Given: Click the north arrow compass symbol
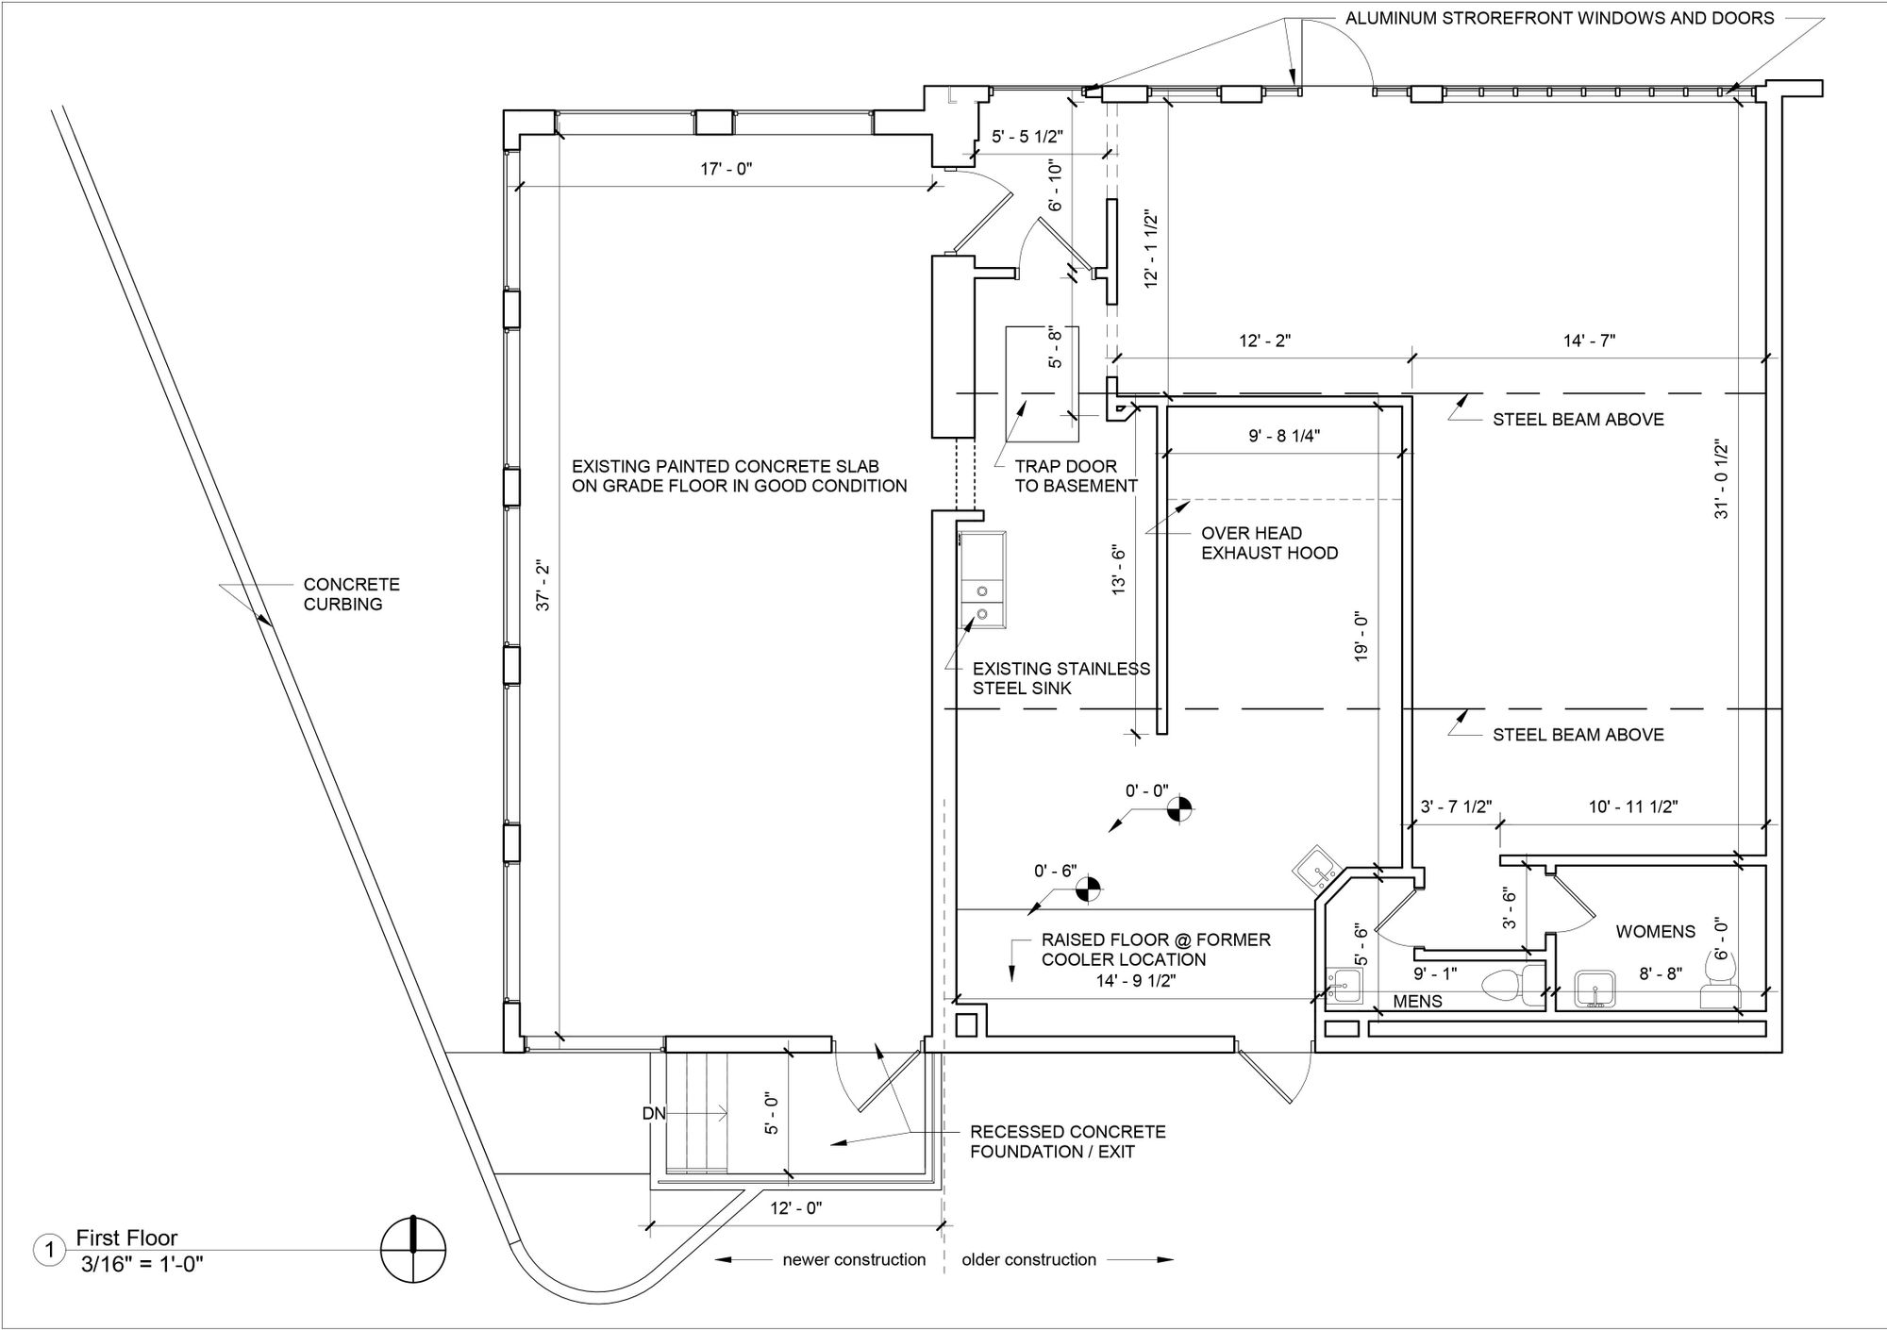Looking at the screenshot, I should tap(413, 1251).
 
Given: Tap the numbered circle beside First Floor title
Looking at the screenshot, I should tap(49, 1252).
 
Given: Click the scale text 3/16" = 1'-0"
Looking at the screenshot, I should tap(142, 1263).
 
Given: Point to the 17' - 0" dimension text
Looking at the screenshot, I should tap(726, 170).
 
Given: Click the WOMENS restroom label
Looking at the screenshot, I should tap(1655, 932).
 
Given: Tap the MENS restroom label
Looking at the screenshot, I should tap(1417, 1002).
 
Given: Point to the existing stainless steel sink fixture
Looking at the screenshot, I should tap(982, 580).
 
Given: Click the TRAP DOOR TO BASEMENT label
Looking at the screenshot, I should tap(1076, 476).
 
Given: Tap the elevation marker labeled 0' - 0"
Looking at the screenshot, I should tap(1179, 808).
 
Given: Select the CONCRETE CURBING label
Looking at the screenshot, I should tap(351, 594).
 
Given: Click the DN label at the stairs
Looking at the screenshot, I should tap(654, 1114).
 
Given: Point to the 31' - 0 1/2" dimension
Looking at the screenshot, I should tap(1722, 479).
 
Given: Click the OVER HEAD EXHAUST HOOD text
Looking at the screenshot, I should tap(1269, 543).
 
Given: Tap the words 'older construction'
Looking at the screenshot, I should tap(1028, 1260).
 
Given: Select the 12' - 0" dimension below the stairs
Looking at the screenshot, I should tap(795, 1208).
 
